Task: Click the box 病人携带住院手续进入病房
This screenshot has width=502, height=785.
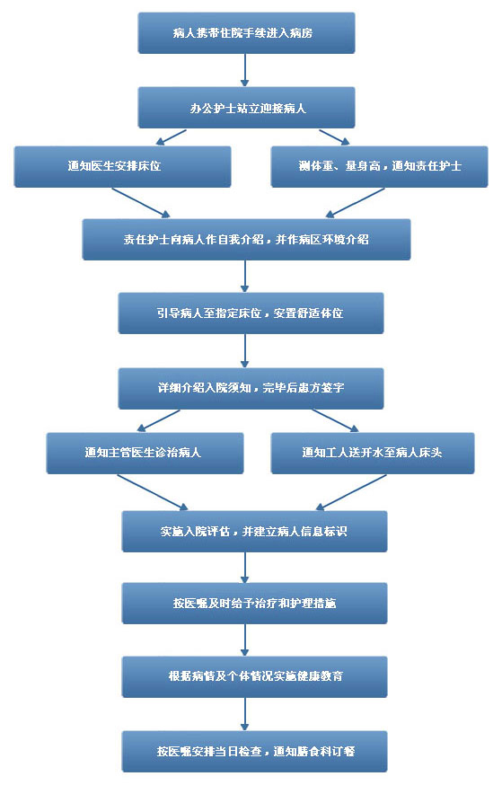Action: (246, 33)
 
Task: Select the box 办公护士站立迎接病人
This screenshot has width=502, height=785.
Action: (246, 108)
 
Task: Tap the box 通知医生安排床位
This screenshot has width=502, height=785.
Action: (123, 167)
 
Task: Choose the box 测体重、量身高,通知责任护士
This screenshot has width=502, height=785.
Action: (379, 167)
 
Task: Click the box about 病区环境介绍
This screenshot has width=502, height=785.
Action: (246, 239)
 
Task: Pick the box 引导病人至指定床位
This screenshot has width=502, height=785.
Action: (251, 313)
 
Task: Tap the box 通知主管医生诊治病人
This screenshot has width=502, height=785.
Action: (145, 453)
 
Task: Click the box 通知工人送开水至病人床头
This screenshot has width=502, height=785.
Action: (373, 453)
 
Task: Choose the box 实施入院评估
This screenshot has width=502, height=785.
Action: (254, 532)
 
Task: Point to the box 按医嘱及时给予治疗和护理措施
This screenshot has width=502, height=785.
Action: (254, 604)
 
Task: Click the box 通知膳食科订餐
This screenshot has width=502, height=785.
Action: (254, 752)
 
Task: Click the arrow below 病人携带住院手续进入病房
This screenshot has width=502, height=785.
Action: (245, 70)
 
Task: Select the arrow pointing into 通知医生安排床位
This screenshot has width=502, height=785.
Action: (172, 137)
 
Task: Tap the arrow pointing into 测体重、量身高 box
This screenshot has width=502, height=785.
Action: (334, 137)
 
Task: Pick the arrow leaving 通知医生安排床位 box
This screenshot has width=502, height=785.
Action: (141, 203)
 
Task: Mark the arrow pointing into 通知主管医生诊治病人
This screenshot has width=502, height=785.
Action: (158, 420)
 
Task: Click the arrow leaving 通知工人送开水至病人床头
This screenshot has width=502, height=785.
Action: (351, 492)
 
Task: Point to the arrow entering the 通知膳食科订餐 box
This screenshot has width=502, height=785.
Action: (245, 714)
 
